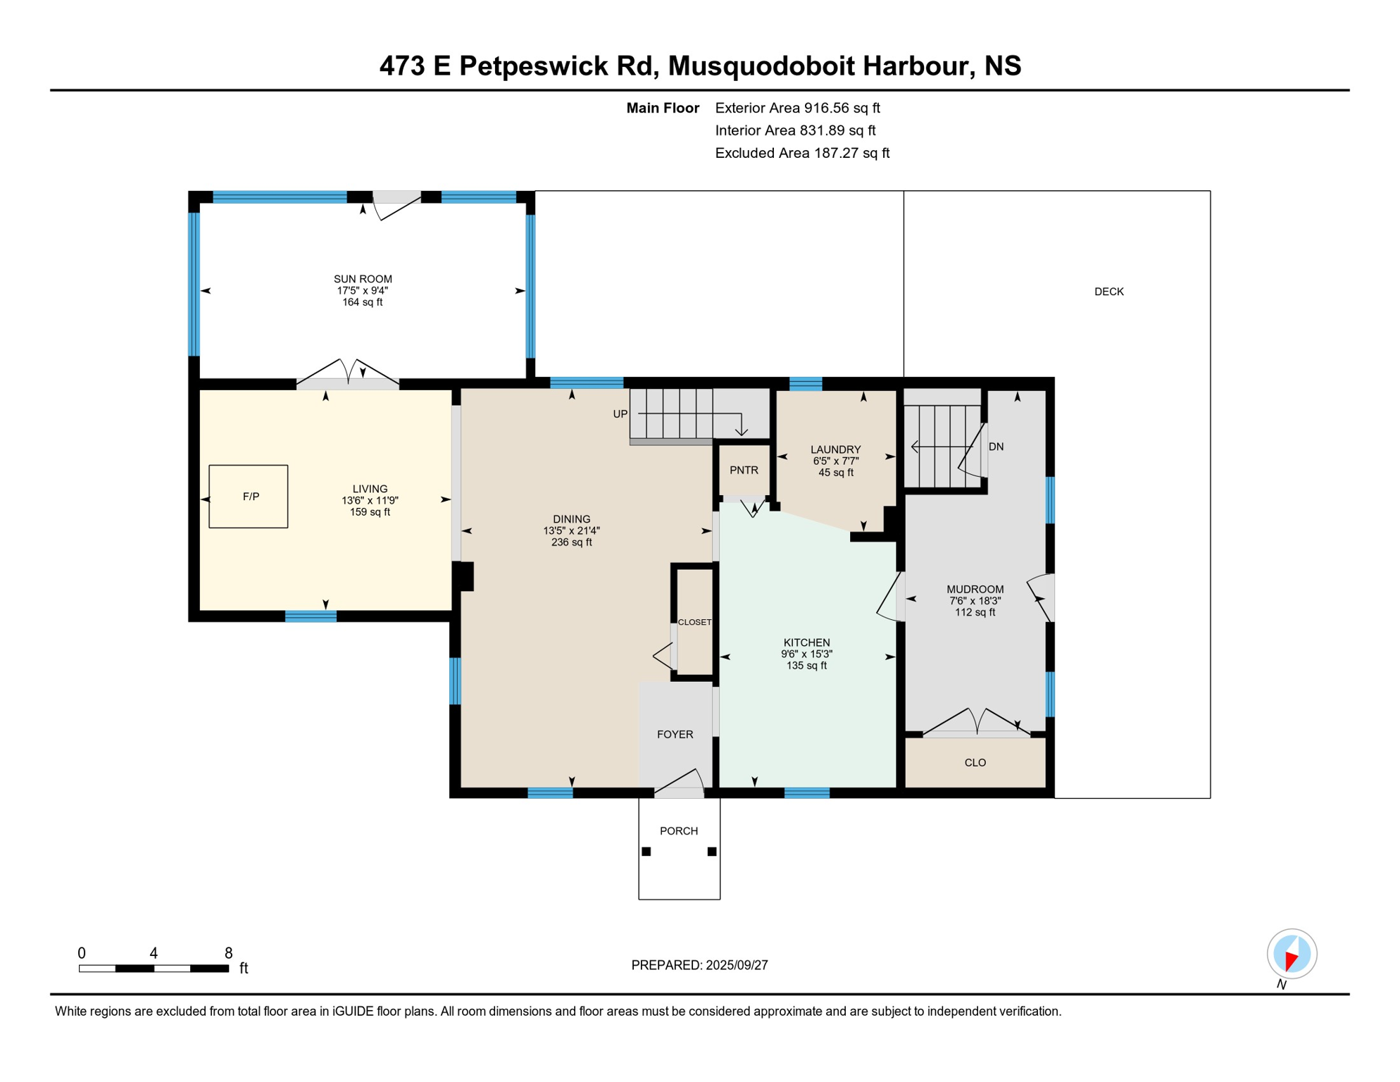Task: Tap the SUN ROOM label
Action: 363,279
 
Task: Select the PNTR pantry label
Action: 744,470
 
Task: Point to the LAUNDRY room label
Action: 835,449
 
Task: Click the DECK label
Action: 1108,292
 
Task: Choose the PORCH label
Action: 679,831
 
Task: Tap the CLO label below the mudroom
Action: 975,763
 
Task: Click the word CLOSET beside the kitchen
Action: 694,622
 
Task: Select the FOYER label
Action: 675,735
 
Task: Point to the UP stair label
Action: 620,414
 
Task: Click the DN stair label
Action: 996,447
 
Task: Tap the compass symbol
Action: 1292,954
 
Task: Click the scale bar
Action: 154,969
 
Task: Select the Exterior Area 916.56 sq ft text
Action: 797,108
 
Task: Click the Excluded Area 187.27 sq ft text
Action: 802,153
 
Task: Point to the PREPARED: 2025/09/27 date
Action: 699,965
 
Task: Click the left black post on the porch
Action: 646,852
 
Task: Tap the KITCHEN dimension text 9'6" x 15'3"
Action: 806,654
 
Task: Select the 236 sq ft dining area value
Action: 571,542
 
